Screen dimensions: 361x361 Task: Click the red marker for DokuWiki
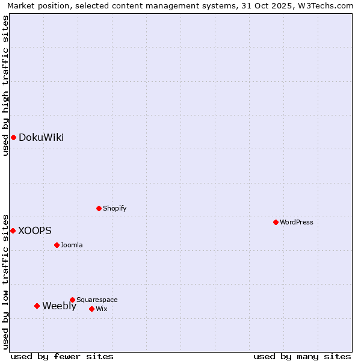pos(13,137)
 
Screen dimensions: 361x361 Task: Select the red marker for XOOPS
pos(13,230)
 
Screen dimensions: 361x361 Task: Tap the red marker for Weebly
pos(37,306)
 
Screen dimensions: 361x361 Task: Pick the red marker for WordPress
pos(276,222)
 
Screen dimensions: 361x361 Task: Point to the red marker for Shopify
pos(99,208)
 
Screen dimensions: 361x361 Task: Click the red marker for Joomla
pos(57,245)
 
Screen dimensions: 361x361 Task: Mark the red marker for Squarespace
pos(72,300)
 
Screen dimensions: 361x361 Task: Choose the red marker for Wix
pos(91,309)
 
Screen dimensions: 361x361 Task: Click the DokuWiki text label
pos(41,137)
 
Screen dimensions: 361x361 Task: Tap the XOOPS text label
pos(35,230)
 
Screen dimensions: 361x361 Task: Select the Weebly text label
pos(59,306)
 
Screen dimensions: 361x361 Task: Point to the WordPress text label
pos(297,222)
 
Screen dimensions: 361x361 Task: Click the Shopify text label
pos(115,208)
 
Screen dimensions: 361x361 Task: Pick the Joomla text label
pos(72,245)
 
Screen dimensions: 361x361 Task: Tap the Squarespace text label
pos(97,300)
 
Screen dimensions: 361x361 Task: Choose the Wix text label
pos(102,309)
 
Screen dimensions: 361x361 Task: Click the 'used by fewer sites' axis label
pos(62,356)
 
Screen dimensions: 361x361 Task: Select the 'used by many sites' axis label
pos(302,356)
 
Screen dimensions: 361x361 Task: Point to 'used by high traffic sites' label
pos(5,85)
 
